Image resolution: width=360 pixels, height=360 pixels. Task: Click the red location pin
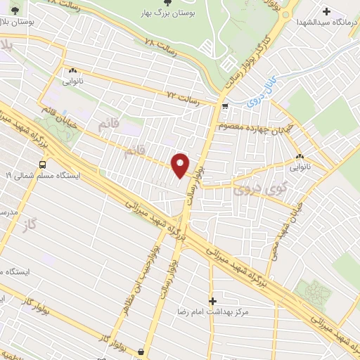pyautogui.click(x=181, y=165)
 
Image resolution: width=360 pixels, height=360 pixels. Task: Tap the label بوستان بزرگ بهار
pyautogui.click(x=166, y=13)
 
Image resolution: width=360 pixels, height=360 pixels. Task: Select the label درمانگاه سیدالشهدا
pyautogui.click(x=327, y=22)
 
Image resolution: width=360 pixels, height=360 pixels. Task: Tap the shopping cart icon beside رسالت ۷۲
pyautogui.click(x=224, y=107)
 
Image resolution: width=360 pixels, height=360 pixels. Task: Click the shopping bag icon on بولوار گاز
pyautogui.click(x=142, y=351)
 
